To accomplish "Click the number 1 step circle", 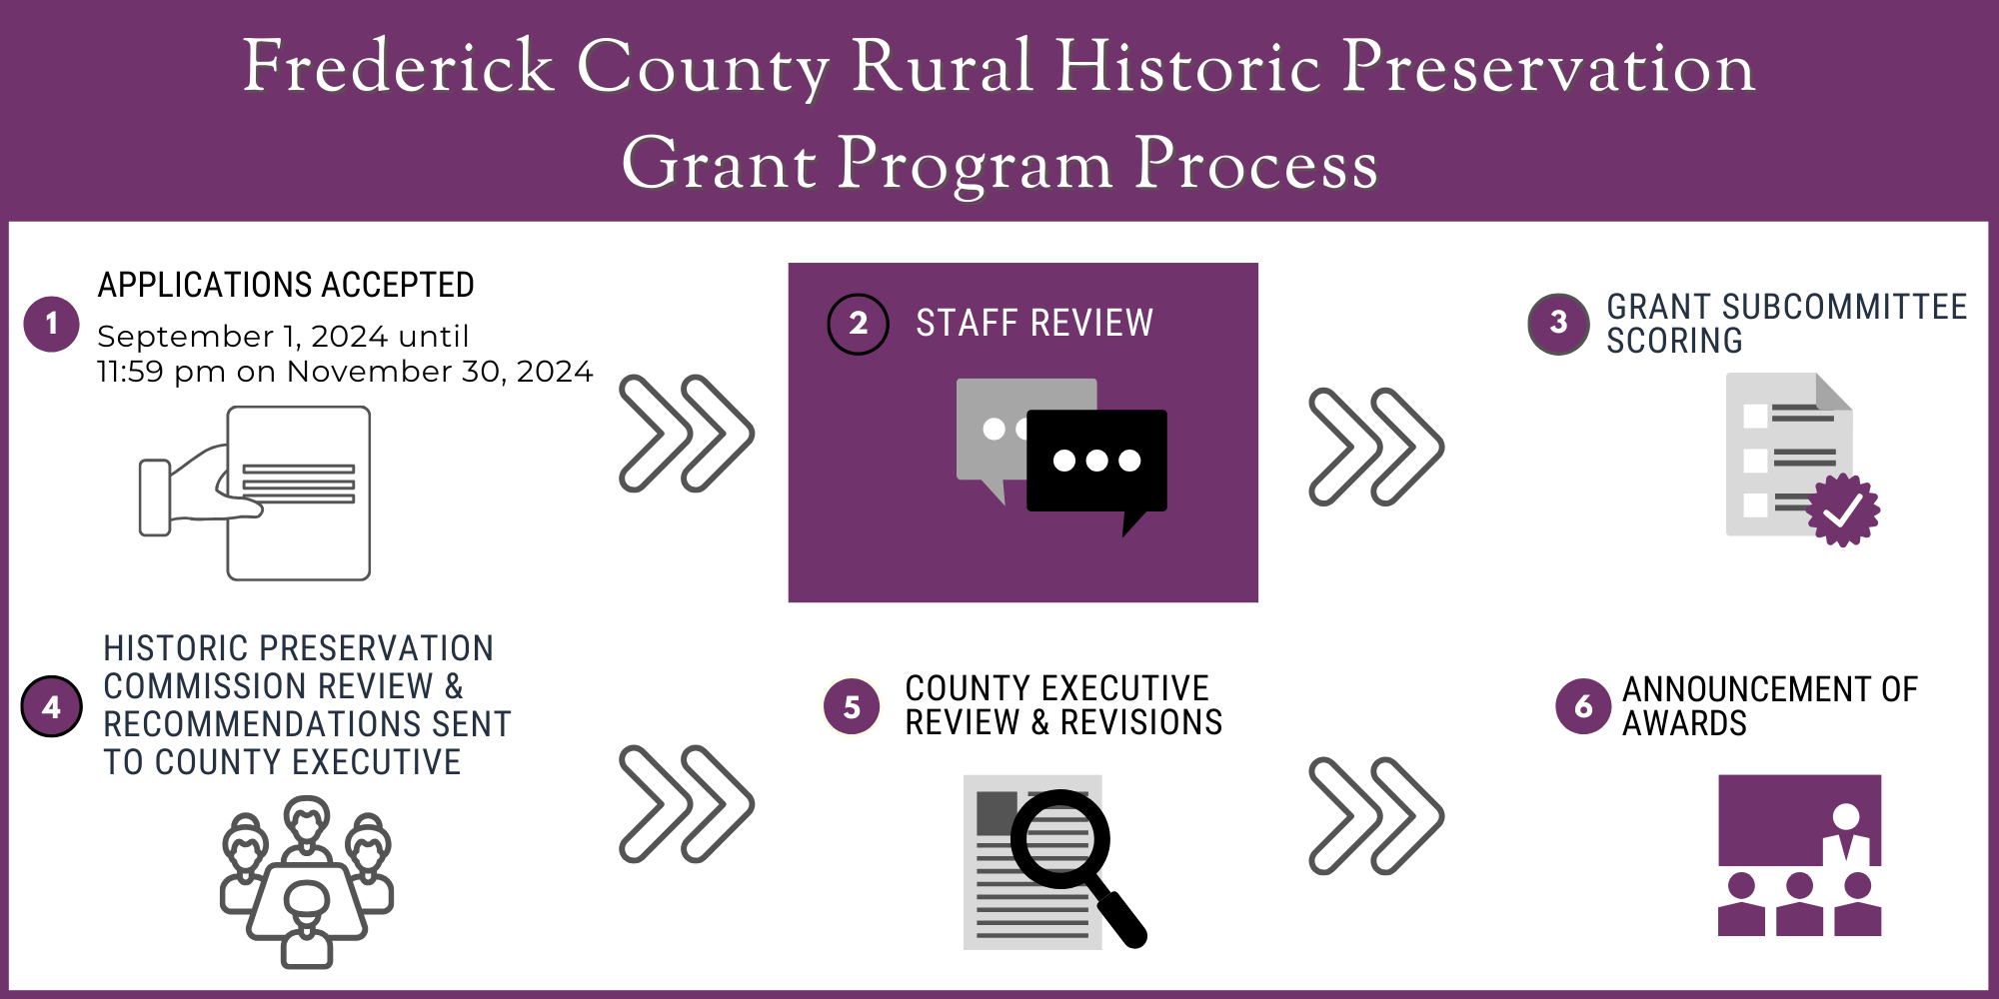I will point(51,324).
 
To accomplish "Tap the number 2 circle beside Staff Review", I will point(858,324).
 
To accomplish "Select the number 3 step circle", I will point(1558,323).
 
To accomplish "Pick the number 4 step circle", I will point(51,706).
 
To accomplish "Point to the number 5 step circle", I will point(852,706).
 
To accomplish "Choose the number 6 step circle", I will point(1583,706).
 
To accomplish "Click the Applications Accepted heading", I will point(286,286).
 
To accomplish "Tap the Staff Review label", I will point(1034,324).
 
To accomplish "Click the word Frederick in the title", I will point(398,67).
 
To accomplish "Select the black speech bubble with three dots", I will point(1096,462).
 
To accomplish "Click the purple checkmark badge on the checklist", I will point(1843,510).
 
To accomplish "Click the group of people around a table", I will point(306,882).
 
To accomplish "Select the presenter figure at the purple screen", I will point(1845,835).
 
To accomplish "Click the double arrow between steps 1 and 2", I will point(687,434).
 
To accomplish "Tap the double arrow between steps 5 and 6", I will point(1376,816).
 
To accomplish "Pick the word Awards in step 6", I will point(1684,723).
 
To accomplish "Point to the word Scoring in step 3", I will point(1674,342).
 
